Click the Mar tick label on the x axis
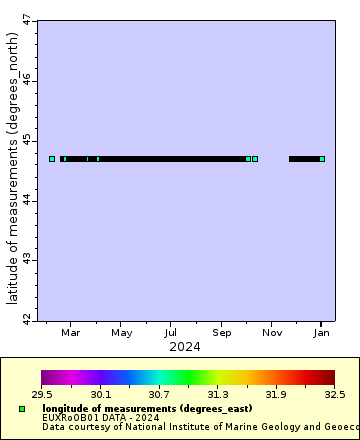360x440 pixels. [x=71, y=332]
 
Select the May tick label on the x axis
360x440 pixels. [x=122, y=332]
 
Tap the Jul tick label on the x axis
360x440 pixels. [x=172, y=332]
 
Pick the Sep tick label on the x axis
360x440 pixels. [x=222, y=332]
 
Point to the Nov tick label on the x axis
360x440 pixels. [x=272, y=332]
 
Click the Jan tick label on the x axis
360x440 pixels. [x=321, y=332]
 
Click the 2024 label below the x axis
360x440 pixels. [x=184, y=347]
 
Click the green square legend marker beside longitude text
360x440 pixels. [x=22, y=409]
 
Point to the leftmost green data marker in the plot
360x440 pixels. [x=52, y=158]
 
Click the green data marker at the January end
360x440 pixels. [x=322, y=158]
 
